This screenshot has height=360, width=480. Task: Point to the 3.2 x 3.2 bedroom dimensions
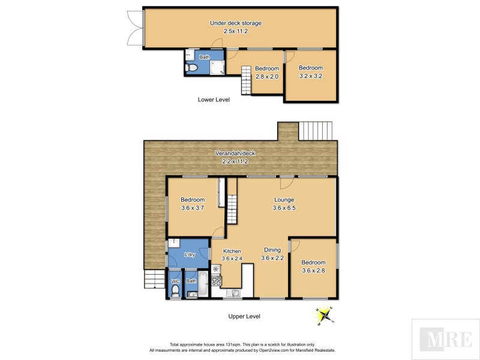[311, 76]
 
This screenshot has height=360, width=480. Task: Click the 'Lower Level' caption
[214, 100]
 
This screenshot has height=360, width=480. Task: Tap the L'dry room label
[190, 254]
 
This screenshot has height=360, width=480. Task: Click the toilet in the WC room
[175, 291]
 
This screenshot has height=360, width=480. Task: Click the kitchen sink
[235, 293]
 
